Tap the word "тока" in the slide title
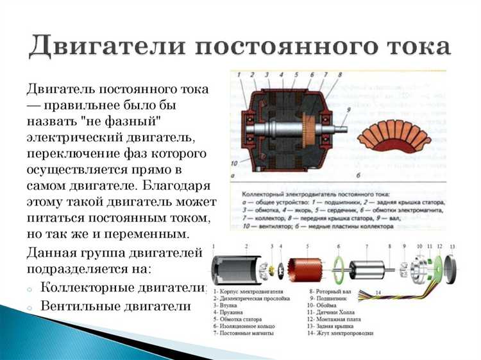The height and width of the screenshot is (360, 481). tap(411, 46)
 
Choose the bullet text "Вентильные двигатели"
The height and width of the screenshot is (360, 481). tap(115, 306)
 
